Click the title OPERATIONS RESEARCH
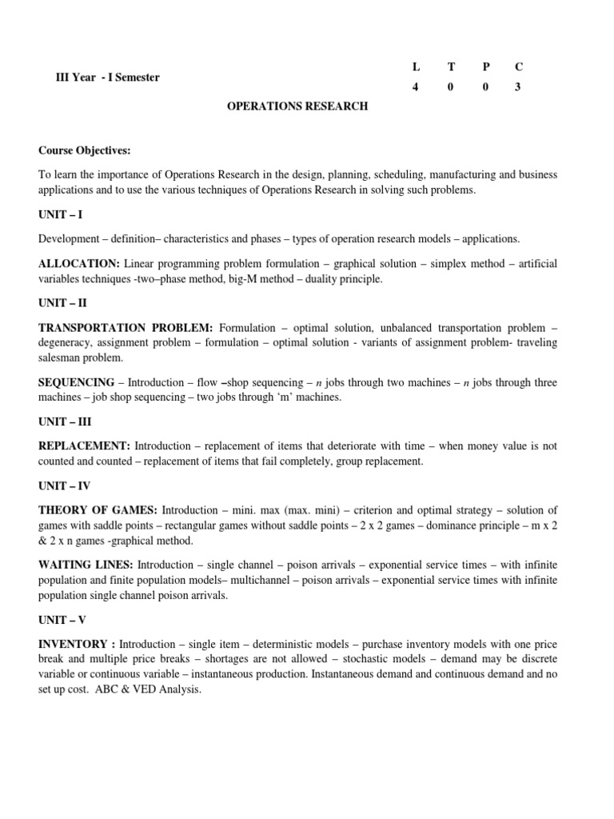pyautogui.click(x=299, y=106)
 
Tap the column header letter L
pyautogui.click(x=415, y=66)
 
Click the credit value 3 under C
pyautogui.click(x=517, y=87)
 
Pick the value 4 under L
pyautogui.click(x=415, y=87)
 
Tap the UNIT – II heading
pyautogui.click(x=62, y=305)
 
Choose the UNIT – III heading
pyautogui.click(x=64, y=422)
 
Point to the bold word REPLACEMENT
pyautogui.click(x=84, y=446)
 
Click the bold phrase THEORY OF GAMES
pyautogui.click(x=98, y=510)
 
